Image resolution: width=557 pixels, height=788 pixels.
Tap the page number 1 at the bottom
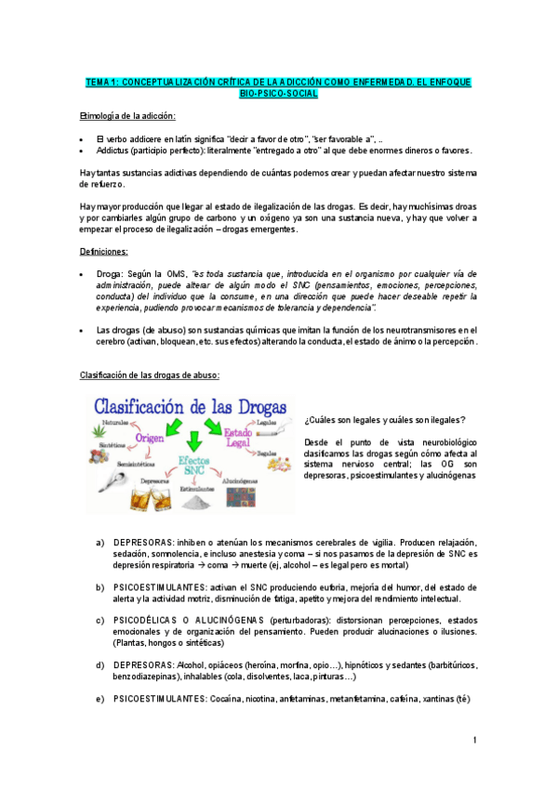[x=473, y=740]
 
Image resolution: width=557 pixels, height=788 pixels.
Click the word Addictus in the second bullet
[x=112, y=149]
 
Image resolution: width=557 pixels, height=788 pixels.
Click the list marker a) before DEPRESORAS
[x=100, y=542]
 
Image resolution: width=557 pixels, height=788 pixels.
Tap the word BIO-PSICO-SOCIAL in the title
[x=278, y=94]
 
